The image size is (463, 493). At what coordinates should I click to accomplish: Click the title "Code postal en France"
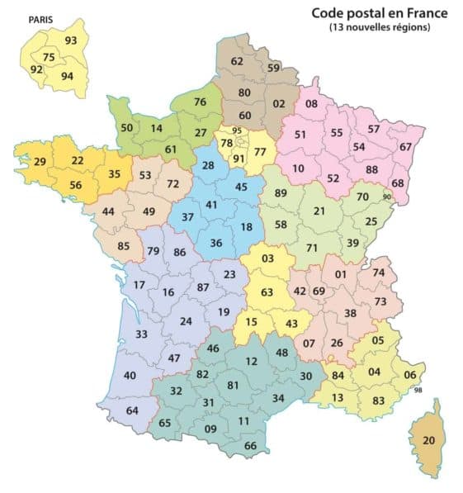379,13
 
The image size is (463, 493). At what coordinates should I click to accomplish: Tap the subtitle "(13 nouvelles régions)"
379,28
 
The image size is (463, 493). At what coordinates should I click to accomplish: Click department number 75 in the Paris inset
50,57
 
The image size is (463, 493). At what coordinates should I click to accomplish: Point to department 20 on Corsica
428,440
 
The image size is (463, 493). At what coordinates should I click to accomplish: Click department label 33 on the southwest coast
141,334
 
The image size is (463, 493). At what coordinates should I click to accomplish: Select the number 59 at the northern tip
273,68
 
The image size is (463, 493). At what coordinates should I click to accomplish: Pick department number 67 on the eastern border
405,146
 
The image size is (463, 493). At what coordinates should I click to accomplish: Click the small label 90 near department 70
387,197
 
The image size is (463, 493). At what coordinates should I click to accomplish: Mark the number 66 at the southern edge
251,446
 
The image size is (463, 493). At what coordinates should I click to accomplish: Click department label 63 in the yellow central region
267,292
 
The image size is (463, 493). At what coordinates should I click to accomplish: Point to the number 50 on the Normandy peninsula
126,128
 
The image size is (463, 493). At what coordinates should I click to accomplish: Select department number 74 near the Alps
378,273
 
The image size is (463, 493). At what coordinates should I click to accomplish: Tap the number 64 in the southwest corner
132,410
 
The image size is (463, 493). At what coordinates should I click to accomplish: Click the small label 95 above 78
237,130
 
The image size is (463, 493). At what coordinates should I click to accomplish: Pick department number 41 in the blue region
212,204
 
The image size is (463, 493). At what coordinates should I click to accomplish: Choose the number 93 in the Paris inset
71,40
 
